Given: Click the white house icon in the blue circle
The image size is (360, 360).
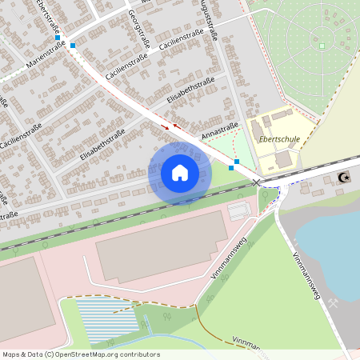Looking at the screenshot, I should pos(180,172).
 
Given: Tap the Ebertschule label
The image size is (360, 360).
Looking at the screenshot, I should pos(280,138).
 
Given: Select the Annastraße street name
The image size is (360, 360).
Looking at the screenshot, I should pos(220,130).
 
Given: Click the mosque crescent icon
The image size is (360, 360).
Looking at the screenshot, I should pos(344,178).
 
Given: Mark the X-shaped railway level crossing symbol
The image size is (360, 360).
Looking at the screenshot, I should pos(257,183).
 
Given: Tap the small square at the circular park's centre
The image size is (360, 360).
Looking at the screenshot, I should pos(322,46).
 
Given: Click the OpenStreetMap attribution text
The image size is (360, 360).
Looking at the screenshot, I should pos(81,354).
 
